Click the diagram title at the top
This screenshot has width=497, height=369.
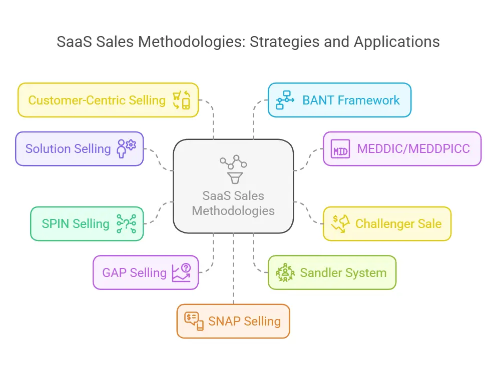248,41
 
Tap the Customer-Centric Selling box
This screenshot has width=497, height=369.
108,100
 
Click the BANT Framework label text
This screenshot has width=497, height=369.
351,100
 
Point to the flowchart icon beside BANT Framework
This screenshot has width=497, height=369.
286,100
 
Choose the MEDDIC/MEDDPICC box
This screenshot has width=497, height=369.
402,148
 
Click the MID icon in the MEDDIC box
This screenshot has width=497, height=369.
340,149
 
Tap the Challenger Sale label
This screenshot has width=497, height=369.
398,223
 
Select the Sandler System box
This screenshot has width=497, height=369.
332,272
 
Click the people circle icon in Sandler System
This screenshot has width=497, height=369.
285,273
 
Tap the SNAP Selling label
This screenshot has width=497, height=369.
244,321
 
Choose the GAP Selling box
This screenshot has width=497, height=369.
146,272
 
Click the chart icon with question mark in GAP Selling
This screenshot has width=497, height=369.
181,273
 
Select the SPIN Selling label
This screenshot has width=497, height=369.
75,223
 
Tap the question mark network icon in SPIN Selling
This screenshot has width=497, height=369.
126,224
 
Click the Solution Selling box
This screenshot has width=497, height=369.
79,148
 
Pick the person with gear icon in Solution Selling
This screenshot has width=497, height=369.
126,148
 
